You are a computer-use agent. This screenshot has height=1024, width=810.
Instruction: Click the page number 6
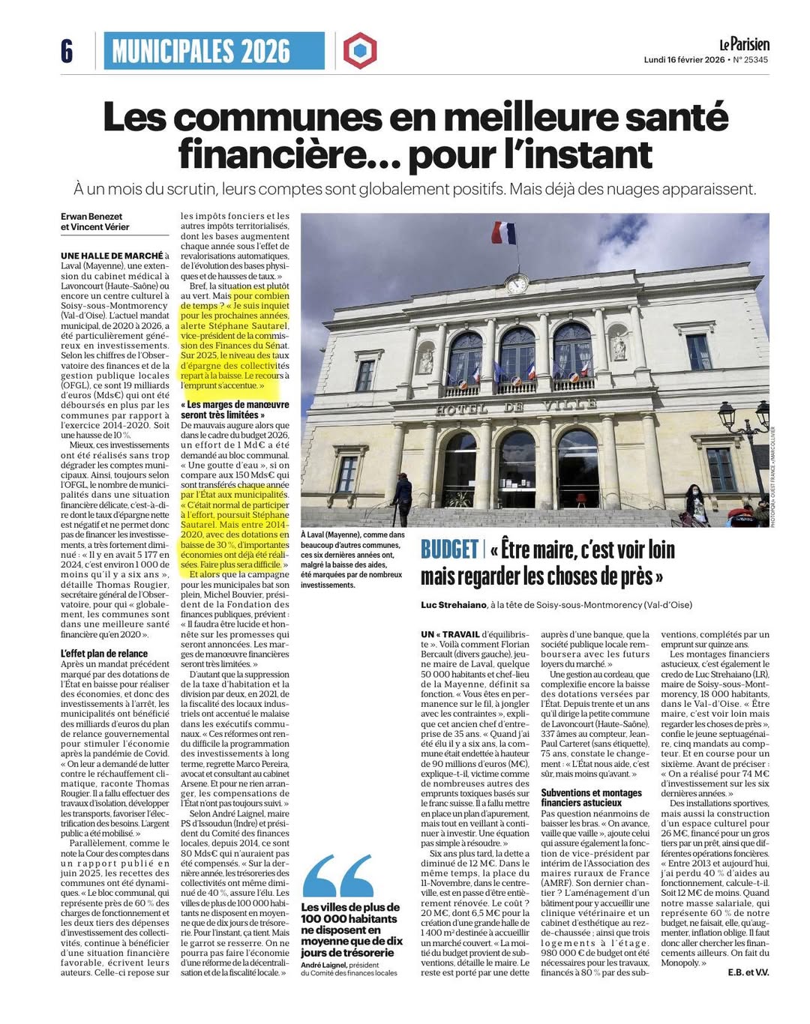pyautogui.click(x=67, y=51)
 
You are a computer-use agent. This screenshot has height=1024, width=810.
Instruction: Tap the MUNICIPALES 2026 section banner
pyautogui.click(x=201, y=51)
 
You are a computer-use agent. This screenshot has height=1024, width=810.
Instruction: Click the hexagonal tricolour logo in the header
pyautogui.click(x=360, y=51)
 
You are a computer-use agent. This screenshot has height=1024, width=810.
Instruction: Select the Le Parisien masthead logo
pyautogui.click(x=743, y=44)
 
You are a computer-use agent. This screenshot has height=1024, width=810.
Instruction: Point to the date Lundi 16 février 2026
pyautogui.click(x=683, y=60)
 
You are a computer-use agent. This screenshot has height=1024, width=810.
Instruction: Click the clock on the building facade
pyautogui.click(x=517, y=285)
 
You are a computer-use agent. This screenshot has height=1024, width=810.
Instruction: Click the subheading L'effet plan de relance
pyautogui.click(x=104, y=654)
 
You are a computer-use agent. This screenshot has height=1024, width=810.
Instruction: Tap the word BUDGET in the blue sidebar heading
pyautogui.click(x=449, y=550)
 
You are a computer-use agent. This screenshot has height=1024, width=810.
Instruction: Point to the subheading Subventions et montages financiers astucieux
pyautogui.click(x=591, y=798)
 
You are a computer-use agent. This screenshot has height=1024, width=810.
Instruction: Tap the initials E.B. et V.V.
pyautogui.click(x=748, y=972)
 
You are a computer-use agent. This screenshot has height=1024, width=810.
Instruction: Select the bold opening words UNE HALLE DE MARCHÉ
pyautogui.click(x=112, y=256)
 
